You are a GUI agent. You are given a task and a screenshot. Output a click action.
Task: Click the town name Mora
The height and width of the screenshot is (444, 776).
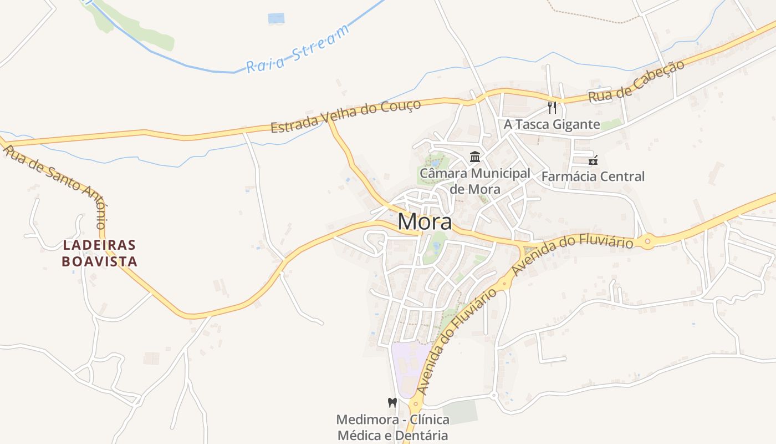click(x=425, y=222)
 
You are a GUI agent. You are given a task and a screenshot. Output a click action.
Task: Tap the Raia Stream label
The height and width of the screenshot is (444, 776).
click(x=298, y=49)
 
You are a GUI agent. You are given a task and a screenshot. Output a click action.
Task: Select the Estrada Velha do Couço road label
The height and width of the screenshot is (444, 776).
click(x=345, y=116)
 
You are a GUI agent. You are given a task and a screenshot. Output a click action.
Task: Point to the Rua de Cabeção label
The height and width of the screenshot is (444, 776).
click(x=636, y=81)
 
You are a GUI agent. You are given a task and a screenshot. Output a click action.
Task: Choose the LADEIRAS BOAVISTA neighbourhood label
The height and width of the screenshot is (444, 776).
click(x=100, y=253)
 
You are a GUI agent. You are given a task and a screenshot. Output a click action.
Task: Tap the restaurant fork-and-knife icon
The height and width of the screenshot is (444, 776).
click(x=552, y=107)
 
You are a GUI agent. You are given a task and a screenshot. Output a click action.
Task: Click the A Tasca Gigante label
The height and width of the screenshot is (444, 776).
click(x=552, y=124)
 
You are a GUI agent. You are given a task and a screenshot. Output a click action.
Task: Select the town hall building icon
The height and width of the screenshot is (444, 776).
click(x=475, y=157)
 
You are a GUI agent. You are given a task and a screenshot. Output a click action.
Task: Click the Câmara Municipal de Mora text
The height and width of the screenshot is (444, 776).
click(x=475, y=181)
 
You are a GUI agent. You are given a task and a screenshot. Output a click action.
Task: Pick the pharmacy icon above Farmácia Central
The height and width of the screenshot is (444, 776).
click(x=593, y=160)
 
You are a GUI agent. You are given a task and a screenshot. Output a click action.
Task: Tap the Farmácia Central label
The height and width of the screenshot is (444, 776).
click(x=593, y=176)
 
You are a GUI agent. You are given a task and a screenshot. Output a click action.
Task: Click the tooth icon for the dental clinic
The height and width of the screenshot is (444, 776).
click(x=392, y=402)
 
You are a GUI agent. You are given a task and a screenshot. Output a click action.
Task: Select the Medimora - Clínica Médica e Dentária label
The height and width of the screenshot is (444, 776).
click(x=392, y=427)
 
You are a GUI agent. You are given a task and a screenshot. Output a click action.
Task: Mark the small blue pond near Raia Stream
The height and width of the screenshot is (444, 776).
click(x=275, y=18)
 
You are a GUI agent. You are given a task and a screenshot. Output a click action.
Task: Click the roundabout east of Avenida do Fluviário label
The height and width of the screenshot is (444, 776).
click(x=647, y=241)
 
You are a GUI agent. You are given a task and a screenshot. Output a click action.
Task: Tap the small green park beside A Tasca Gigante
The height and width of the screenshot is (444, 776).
click(x=611, y=124)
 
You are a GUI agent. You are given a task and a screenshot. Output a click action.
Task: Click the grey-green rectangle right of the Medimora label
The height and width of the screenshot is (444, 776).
click(x=460, y=411)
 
